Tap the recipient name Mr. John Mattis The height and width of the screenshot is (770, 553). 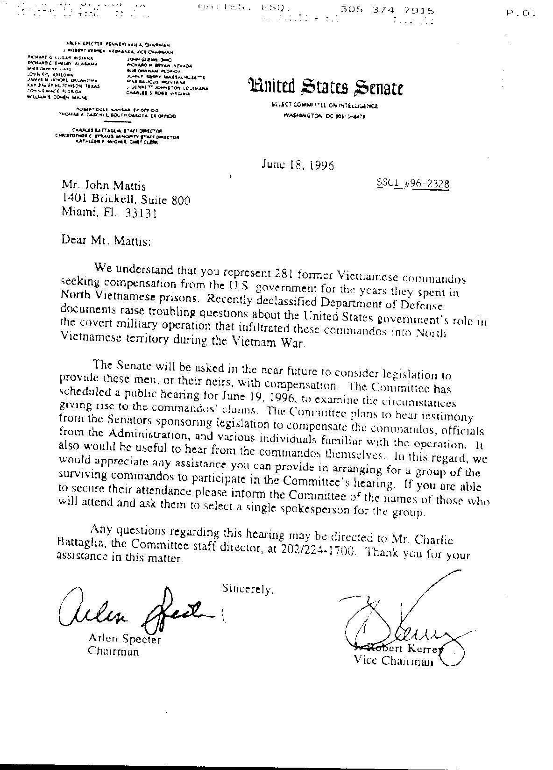pyautogui.click(x=104, y=187)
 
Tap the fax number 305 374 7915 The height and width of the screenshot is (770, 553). pyautogui.click(x=387, y=10)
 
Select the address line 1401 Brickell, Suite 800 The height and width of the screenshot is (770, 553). pyautogui.click(x=126, y=200)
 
